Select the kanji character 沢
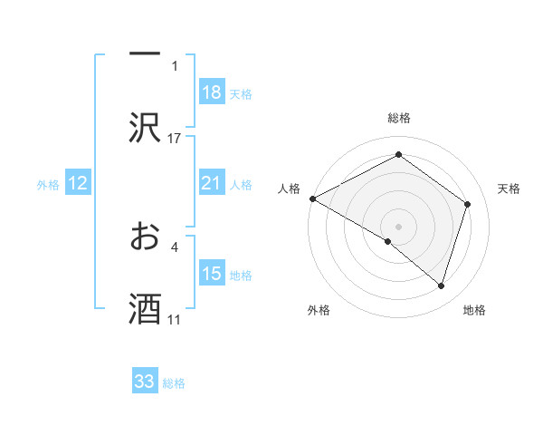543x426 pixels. click(x=145, y=128)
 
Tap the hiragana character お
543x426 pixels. click(x=145, y=237)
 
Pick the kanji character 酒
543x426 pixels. click(x=145, y=309)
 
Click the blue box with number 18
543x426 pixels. click(x=212, y=92)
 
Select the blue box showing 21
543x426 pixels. click(x=212, y=183)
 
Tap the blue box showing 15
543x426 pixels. click(x=212, y=274)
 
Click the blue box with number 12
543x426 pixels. click(x=78, y=183)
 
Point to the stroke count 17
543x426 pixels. click(x=175, y=138)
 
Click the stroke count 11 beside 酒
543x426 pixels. click(x=175, y=319)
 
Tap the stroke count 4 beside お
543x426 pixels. click(x=174, y=246)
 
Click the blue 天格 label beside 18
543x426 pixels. click(x=241, y=93)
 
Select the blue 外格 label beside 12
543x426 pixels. click(x=48, y=184)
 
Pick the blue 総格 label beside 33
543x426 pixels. click(x=174, y=382)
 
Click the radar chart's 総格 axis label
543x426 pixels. click(x=398, y=118)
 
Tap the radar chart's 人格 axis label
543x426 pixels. click(x=289, y=188)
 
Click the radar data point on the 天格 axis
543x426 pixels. click(x=468, y=204)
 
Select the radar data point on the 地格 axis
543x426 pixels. click(x=441, y=286)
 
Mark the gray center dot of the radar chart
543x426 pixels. click(x=398, y=226)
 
